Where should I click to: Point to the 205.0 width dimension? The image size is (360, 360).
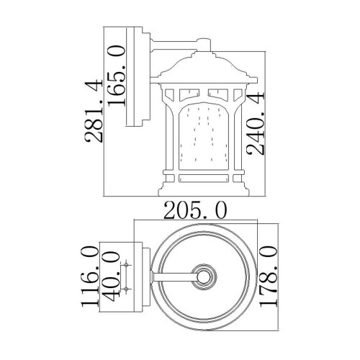(x=195, y=210)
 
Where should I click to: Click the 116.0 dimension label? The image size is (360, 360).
(x=91, y=276)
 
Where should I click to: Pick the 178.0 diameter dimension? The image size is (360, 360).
(x=267, y=276)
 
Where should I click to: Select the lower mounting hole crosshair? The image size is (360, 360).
(x=127, y=288)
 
